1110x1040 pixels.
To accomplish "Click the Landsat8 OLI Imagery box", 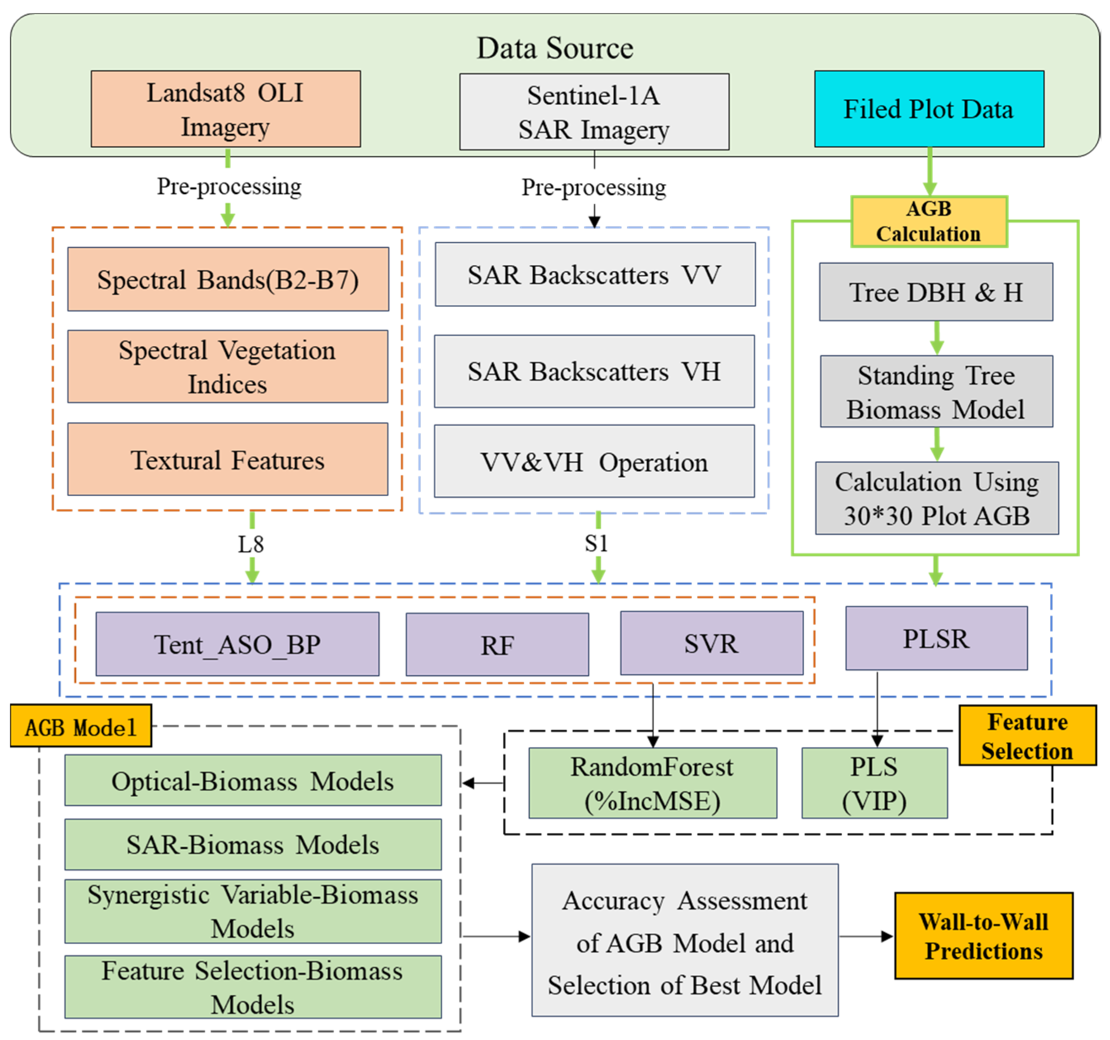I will pos(225,109).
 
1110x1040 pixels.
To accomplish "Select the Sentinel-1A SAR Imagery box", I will pos(594,112).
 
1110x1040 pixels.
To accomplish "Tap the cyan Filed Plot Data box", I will pos(929,109).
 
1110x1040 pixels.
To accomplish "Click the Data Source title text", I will pos(555,48).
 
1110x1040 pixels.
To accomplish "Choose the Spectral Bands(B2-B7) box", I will pos(228,279).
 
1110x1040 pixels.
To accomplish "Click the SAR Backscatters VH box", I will pos(594,371).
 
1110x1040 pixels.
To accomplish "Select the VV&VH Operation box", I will pos(594,462).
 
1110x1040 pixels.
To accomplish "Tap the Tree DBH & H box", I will pos(936,292).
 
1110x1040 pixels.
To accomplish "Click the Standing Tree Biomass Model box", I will pos(936,392).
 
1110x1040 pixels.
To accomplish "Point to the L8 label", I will pos(251,544).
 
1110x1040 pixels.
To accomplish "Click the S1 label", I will pos(596,543).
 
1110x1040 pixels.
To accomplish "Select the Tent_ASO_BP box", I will pos(237,644).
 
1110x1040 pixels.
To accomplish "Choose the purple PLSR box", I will pos(936,638).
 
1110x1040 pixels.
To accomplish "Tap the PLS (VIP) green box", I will pos(874,783).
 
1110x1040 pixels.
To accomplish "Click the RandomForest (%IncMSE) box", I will pos(652,783).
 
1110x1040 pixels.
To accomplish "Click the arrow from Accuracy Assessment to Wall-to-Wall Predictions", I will pos(866,937).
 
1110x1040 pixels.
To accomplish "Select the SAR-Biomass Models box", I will pos(253,845).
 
